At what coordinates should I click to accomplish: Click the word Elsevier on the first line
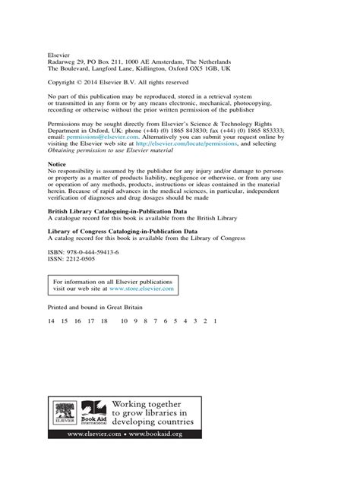58,55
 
